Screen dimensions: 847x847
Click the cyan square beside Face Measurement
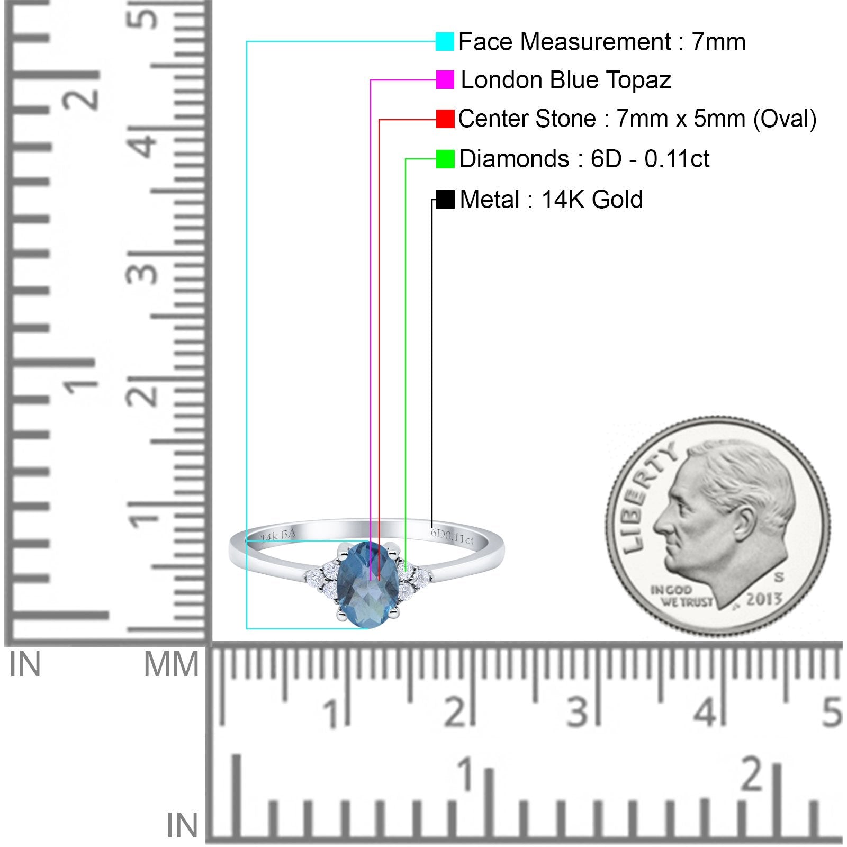coord(445,42)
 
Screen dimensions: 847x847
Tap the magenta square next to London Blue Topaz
coord(445,80)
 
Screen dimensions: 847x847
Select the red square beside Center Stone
coord(445,119)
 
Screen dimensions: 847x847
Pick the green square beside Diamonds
coord(445,159)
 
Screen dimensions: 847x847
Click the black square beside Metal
coord(445,200)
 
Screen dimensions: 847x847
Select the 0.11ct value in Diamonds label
coord(677,159)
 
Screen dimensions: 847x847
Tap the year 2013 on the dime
coord(764,599)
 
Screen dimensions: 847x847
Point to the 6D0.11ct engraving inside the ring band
coord(452,536)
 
